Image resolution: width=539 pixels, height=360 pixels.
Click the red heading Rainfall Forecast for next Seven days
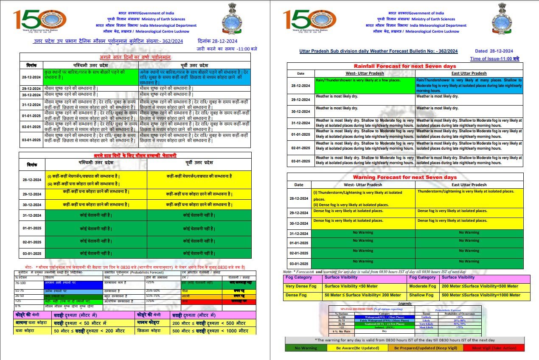(x=405, y=66)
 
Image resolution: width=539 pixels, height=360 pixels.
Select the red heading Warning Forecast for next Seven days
(x=405, y=177)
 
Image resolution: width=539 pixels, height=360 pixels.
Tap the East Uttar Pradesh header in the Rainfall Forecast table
(x=469, y=73)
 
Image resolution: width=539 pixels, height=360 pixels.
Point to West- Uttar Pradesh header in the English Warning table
(x=363, y=184)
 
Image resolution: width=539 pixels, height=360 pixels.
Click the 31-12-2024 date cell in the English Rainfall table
(x=300, y=123)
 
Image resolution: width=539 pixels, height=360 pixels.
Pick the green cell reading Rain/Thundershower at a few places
(x=365, y=85)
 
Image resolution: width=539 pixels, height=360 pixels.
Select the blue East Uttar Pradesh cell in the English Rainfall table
(x=469, y=85)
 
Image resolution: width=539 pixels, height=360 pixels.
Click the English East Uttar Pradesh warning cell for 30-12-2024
(x=469, y=223)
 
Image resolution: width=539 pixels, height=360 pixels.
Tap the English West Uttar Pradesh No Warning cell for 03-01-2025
(x=363, y=263)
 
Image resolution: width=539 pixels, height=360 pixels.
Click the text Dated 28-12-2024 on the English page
(x=494, y=51)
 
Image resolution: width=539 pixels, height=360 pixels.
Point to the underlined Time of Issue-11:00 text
(x=494, y=59)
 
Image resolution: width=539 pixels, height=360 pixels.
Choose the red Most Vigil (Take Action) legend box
(x=499, y=348)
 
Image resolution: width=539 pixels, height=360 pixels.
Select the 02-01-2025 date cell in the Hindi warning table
(x=32, y=242)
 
